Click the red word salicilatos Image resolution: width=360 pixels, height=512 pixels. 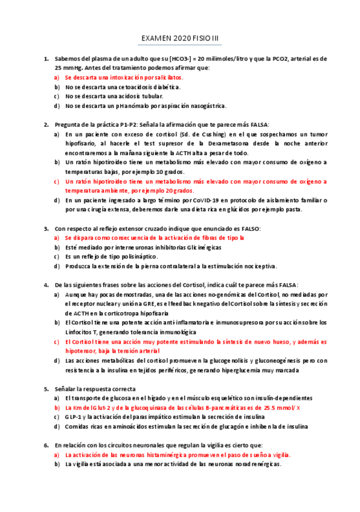(x=164, y=78)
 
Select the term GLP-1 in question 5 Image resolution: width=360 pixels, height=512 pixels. (x=75, y=417)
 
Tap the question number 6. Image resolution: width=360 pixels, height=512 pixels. (x=46, y=445)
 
